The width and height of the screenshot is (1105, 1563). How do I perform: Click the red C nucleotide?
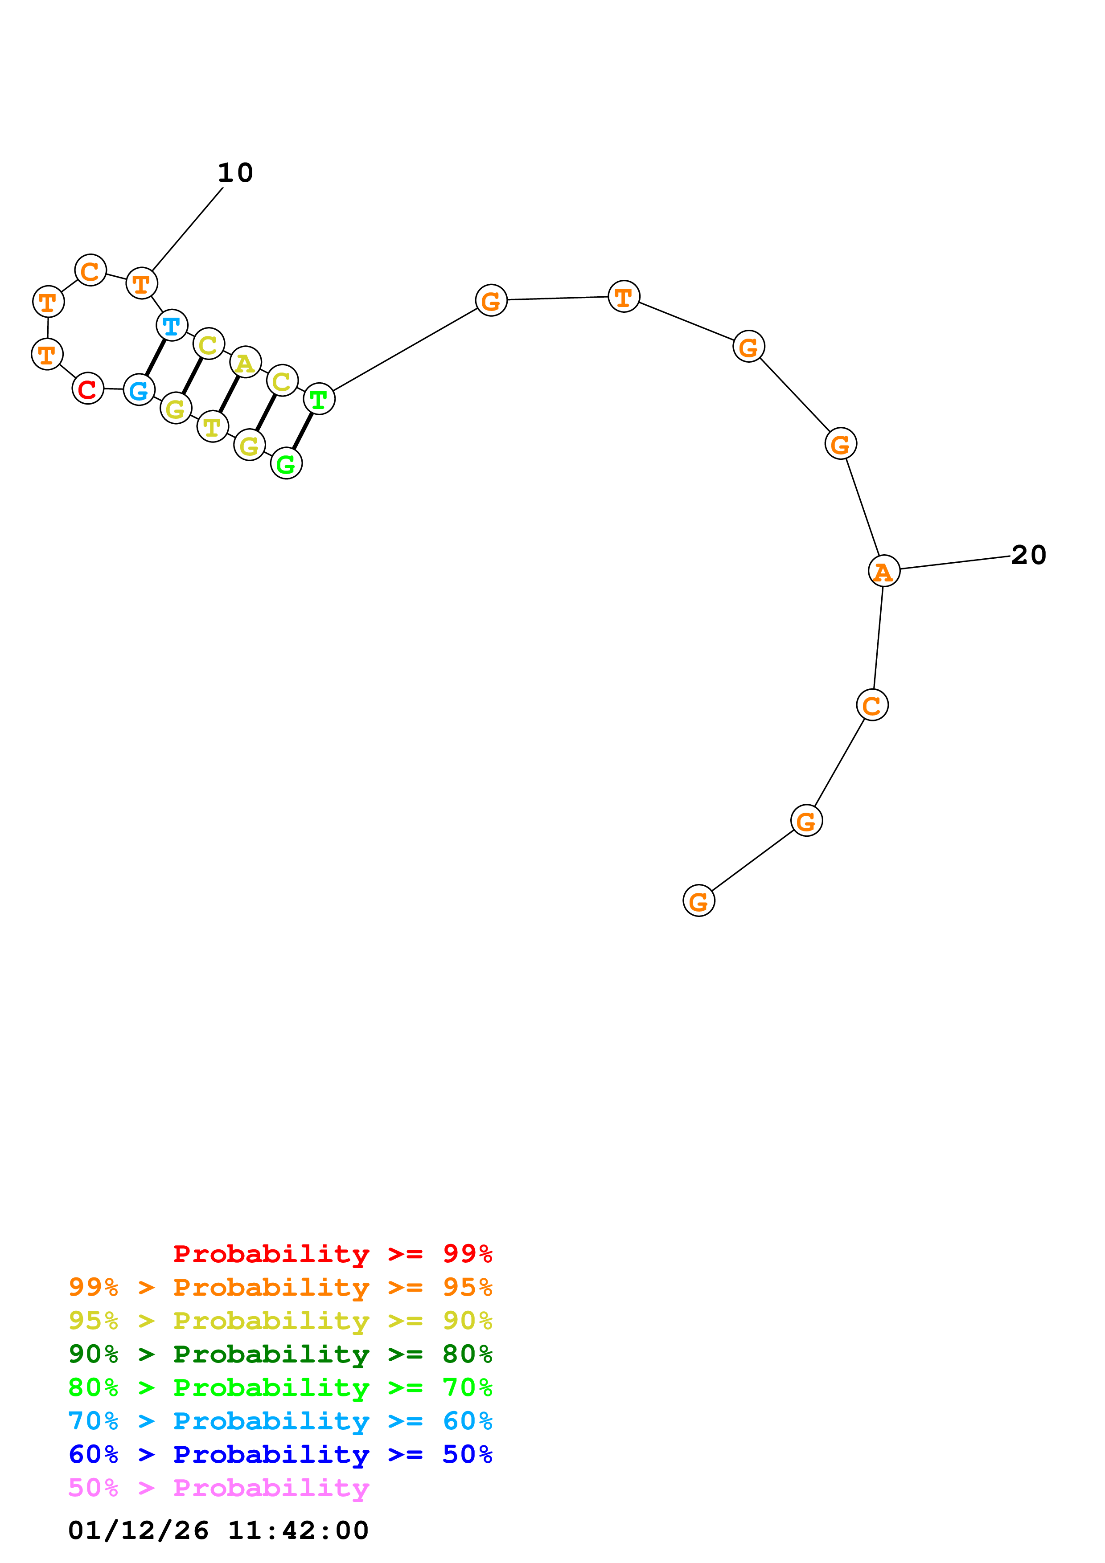(x=88, y=389)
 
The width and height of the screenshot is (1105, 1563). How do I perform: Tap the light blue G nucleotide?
(x=139, y=390)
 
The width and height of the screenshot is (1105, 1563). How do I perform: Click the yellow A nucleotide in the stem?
(x=245, y=362)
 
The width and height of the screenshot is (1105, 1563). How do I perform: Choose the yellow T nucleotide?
(x=213, y=427)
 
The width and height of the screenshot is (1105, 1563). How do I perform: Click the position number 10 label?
(x=235, y=173)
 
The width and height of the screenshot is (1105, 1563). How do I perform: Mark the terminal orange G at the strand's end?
(x=698, y=900)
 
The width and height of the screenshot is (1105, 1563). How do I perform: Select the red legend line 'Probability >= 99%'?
(x=332, y=1253)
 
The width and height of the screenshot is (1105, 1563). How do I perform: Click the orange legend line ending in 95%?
(x=280, y=1287)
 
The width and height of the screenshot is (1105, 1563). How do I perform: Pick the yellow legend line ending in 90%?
(x=280, y=1320)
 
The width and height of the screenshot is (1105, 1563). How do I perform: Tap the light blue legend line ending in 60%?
(x=280, y=1421)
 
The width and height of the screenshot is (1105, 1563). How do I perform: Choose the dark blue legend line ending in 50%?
(x=280, y=1454)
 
